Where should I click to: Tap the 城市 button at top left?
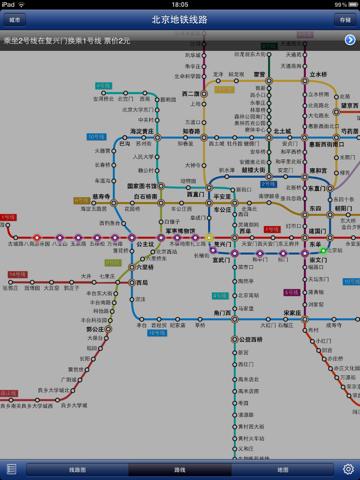pyautogui.click(x=15, y=19)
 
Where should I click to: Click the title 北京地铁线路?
pyautogui.click(x=180, y=19)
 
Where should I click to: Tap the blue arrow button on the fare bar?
pyautogui.click(x=350, y=40)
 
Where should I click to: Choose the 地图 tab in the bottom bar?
pyautogui.click(x=283, y=469)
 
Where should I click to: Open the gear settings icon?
pyautogui.click(x=348, y=469)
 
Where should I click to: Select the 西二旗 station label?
pyautogui.click(x=191, y=95)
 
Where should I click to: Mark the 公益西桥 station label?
pyautogui.click(x=249, y=339)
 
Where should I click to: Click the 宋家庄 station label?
pyautogui.click(x=292, y=313)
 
